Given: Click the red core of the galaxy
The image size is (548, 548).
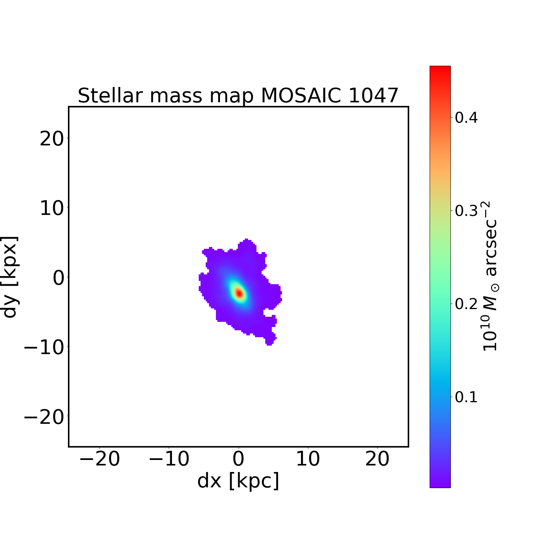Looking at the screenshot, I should click(x=239, y=293).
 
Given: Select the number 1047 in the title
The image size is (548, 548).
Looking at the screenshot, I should click(x=373, y=96).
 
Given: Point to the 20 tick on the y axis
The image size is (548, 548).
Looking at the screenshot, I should click(x=51, y=139).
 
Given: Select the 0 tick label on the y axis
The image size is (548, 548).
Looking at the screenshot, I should click(x=58, y=278).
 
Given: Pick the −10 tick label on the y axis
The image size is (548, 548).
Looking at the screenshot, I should click(x=44, y=347).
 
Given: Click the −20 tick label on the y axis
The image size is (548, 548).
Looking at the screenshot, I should click(x=44, y=417).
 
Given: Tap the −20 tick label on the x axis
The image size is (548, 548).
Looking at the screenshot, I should click(x=99, y=459).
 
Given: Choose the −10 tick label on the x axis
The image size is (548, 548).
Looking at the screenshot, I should click(x=169, y=459).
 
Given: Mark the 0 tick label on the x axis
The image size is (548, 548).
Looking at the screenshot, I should click(x=239, y=459).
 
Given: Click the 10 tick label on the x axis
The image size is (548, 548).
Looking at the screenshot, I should click(x=308, y=459).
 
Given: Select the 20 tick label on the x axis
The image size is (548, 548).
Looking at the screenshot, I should click(x=377, y=459).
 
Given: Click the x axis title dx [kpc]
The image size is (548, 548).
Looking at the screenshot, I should click(x=238, y=480).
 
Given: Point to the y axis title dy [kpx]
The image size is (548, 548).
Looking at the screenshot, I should click(x=10, y=277).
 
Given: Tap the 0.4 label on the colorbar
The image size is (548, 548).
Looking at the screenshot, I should click(x=466, y=118).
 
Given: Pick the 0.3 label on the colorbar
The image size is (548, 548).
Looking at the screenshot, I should click(x=466, y=211).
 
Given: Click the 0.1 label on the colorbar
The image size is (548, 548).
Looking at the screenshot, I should click(x=466, y=397).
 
